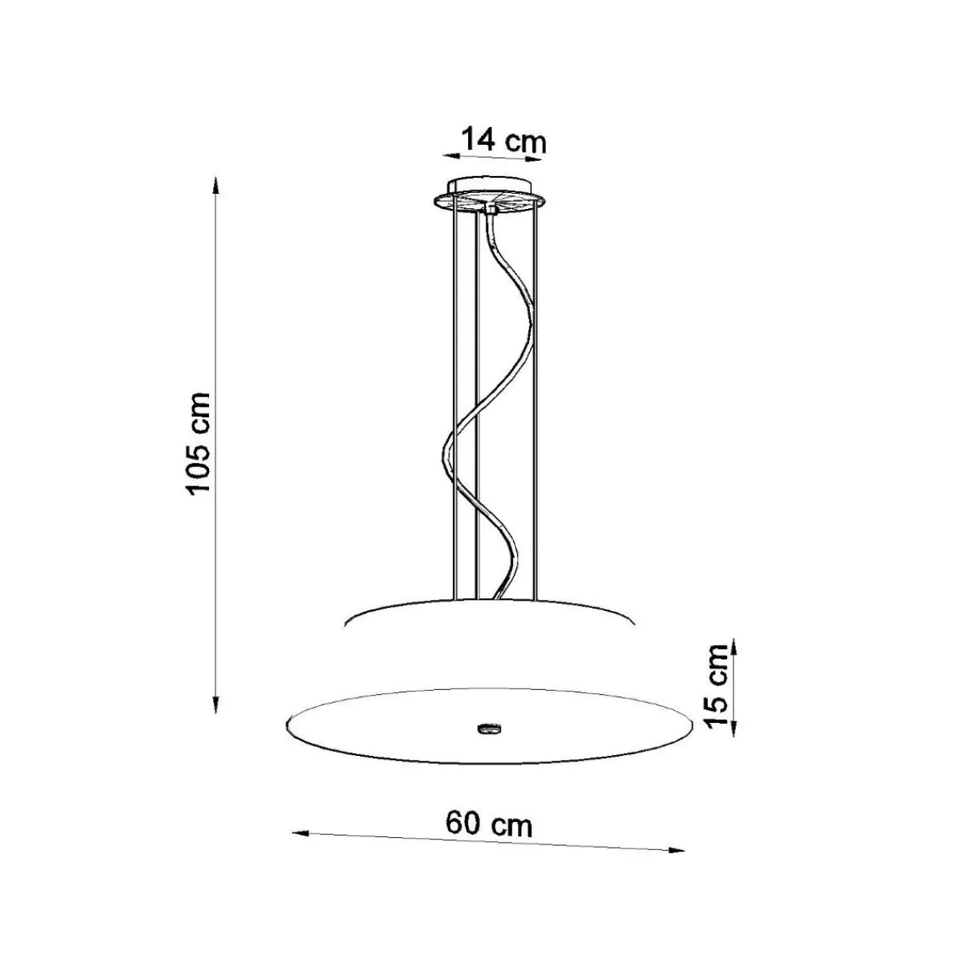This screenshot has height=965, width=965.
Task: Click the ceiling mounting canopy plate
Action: [489, 199]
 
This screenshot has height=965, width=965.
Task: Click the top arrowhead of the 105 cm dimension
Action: [216, 184]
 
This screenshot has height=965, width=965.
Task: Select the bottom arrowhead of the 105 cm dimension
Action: [216, 704]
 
